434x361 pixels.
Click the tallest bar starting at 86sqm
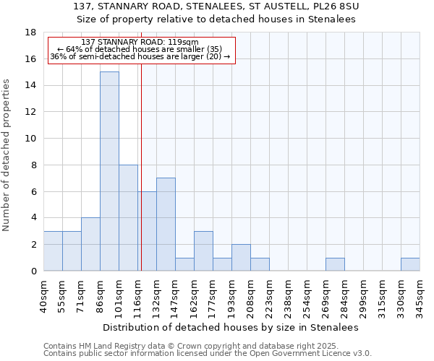(109, 171)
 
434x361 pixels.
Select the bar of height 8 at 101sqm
(128, 217)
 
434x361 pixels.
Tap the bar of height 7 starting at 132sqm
(166, 224)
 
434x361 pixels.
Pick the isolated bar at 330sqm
(410, 264)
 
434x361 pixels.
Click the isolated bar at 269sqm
(335, 264)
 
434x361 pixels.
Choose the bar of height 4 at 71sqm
(90, 244)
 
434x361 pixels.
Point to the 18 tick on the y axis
(30, 32)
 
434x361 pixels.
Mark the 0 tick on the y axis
(33, 271)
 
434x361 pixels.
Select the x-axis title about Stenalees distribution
(231, 327)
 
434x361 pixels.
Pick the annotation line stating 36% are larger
(140, 56)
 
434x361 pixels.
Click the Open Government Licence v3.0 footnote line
(208, 354)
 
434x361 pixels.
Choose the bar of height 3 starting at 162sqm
(203, 251)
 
